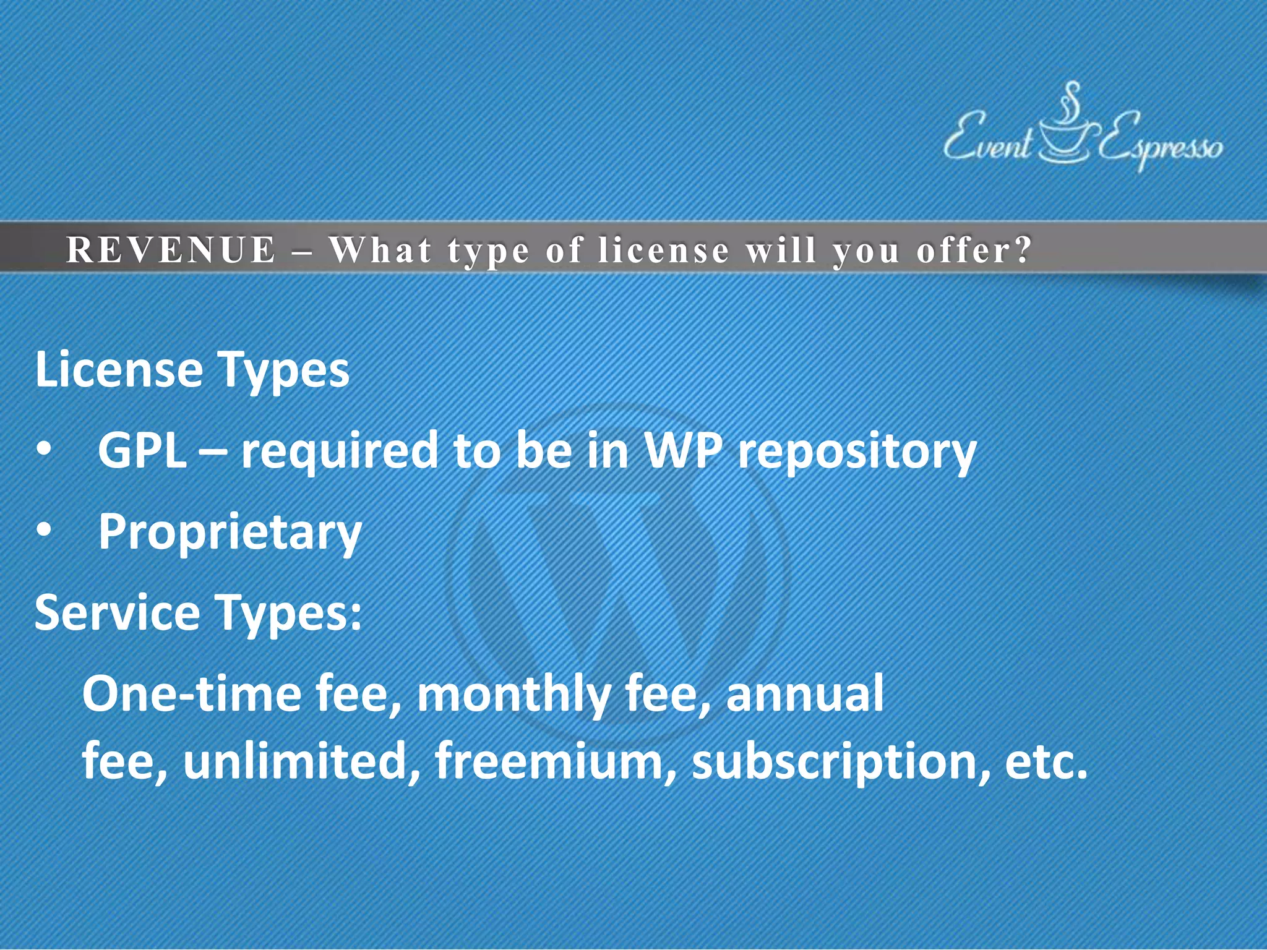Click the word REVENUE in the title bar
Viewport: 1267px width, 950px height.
tap(170, 250)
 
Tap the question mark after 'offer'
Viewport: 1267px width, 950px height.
tap(1024, 250)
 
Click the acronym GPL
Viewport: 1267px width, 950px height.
tap(142, 450)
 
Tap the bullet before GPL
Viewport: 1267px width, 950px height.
tap(43, 450)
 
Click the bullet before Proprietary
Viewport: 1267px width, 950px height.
tap(43, 531)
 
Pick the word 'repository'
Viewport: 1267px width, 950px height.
tap(857, 452)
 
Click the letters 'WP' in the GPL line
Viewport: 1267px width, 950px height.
tap(683, 450)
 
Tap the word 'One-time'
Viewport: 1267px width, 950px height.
tap(192, 693)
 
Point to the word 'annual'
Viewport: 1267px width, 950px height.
tap(804, 693)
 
